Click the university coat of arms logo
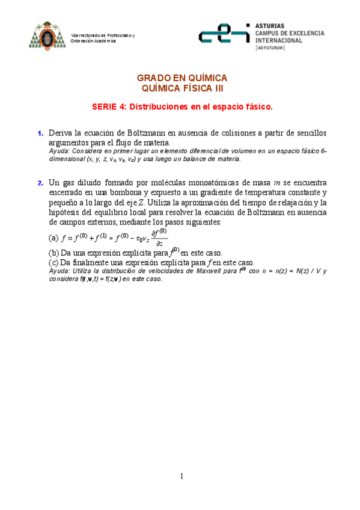pos(45,37)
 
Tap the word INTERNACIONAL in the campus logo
pos(279,40)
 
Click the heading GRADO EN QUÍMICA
pos(182,78)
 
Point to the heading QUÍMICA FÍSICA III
pos(182,88)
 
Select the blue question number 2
pos(40,183)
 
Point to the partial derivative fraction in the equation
pos(159,238)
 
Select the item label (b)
pos(53,253)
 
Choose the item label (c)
pos(53,263)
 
